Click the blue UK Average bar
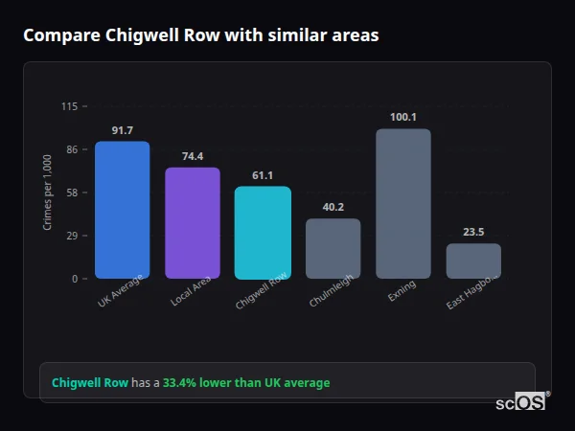coord(122,210)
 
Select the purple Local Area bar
coord(193,223)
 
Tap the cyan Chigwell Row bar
coord(263,233)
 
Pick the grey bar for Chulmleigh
coord(333,249)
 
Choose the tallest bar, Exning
coord(403,203)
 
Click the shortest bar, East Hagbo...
coord(473,261)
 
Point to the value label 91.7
coord(122,130)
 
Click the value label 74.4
coord(193,156)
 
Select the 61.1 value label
coord(263,175)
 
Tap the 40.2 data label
coord(333,207)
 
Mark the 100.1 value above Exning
coord(403,117)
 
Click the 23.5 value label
coord(473,232)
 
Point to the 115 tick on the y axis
coord(69,106)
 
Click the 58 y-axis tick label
coord(71,193)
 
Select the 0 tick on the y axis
coord(74,279)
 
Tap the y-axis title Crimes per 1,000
coord(48,193)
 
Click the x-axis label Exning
coord(402,291)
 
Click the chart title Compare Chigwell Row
coord(200,35)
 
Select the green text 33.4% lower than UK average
coord(246,383)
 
